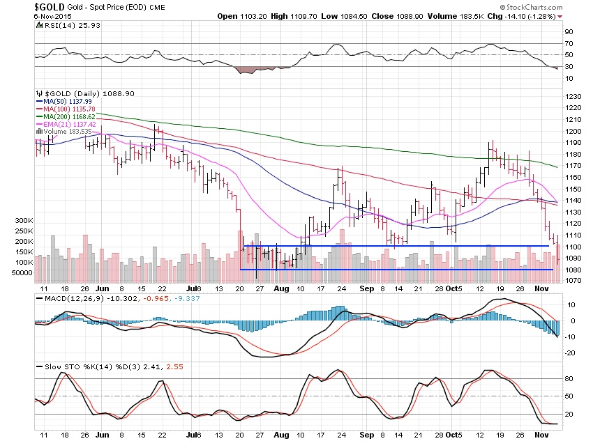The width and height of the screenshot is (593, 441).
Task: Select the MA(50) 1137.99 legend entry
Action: tap(63, 100)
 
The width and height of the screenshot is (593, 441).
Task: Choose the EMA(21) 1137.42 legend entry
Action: tap(66, 123)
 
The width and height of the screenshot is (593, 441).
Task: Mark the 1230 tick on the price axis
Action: tap(573, 96)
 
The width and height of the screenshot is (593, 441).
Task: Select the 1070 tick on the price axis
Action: tap(573, 281)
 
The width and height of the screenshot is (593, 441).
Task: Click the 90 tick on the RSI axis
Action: tap(569, 32)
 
